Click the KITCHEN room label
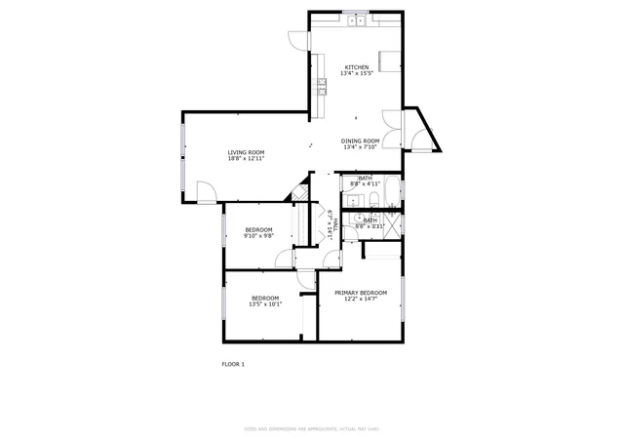coord(355,67)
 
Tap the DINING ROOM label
coord(360,141)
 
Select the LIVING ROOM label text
coord(246,152)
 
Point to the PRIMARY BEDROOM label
coord(361,293)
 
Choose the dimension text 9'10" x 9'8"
coord(258,235)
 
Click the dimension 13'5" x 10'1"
coord(265,303)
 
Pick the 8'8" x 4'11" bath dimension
coord(365,184)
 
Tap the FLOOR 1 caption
coord(233,364)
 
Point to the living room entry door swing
coord(205,191)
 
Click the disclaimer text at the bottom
coord(311,427)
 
